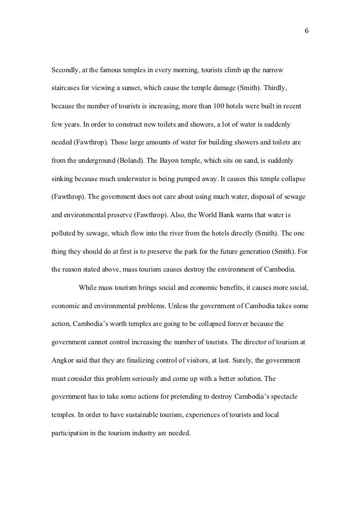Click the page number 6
click(307, 31)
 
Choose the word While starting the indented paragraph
click(88, 287)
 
